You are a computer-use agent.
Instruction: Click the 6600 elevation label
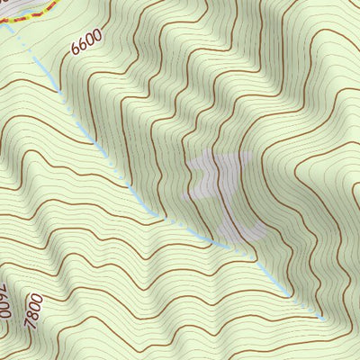86,44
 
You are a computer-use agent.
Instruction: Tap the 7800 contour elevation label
34,310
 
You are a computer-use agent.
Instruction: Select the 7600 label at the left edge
4,302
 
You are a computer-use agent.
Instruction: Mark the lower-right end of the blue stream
322,319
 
